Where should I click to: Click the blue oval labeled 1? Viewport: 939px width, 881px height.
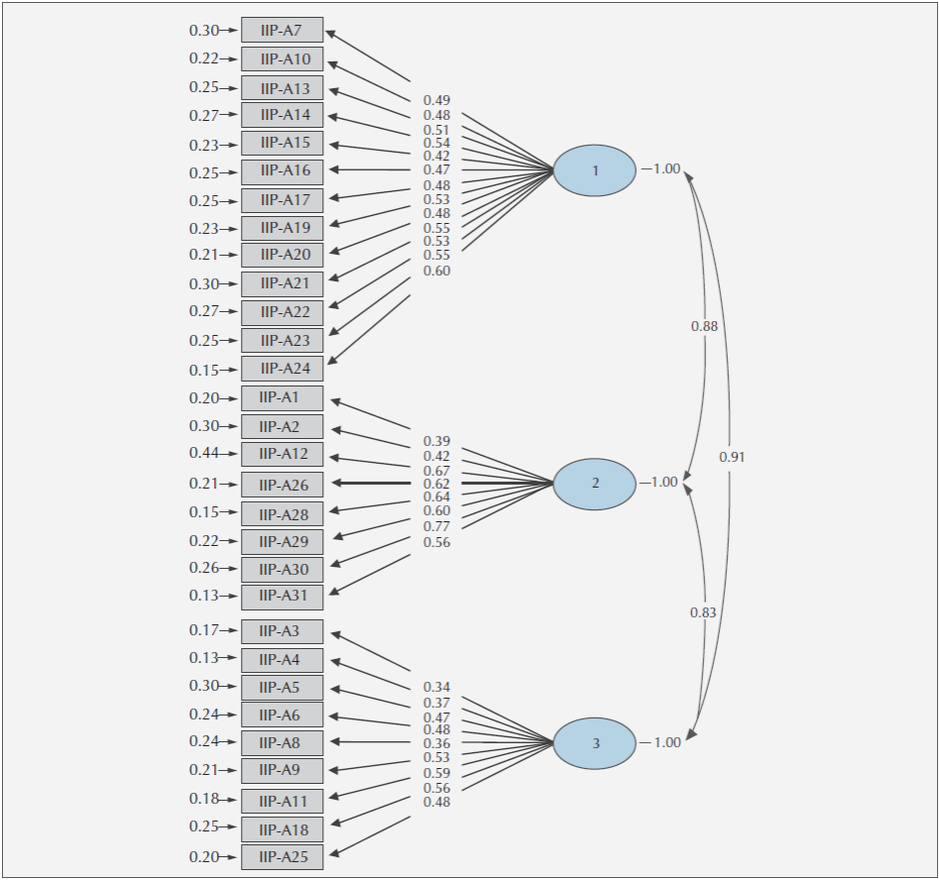point(595,170)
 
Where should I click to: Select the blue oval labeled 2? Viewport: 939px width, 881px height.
point(595,484)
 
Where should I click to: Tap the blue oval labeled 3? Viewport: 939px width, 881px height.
point(595,743)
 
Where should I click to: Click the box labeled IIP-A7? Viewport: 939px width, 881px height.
point(282,30)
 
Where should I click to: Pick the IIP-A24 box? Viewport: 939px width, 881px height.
point(282,369)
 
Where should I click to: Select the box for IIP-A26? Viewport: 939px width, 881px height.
point(282,484)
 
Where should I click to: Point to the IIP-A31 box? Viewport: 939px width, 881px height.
point(282,597)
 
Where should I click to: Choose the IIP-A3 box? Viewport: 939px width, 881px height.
point(282,631)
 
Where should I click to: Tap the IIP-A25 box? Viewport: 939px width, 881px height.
point(282,857)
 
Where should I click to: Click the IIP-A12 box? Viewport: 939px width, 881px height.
point(282,454)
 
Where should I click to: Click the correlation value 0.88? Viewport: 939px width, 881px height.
point(704,326)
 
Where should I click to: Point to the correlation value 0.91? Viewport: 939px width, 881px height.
point(732,457)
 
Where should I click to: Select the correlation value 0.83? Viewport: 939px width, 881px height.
point(703,612)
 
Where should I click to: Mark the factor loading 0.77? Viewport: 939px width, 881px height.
point(437,526)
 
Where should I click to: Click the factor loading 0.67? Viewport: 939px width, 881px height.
point(437,471)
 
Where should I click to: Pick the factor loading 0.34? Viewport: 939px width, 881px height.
point(437,687)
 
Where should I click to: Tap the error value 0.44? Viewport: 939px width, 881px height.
point(204,454)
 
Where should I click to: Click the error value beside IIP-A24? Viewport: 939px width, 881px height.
point(204,370)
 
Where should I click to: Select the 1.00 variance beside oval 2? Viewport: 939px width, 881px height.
point(663,483)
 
